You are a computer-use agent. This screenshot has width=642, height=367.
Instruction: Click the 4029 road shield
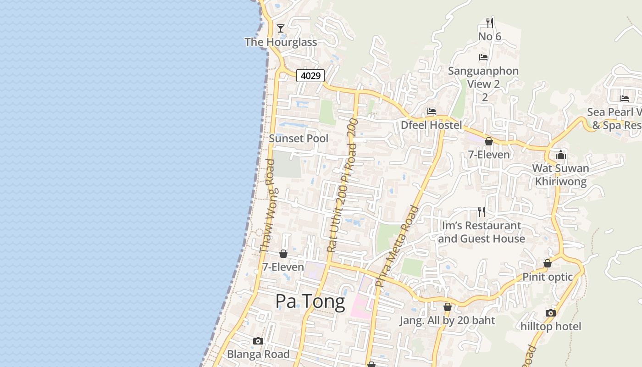(310, 76)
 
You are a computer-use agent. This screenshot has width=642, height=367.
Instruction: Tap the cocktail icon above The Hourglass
(281, 28)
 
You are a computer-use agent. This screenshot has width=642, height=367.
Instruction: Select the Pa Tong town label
(310, 301)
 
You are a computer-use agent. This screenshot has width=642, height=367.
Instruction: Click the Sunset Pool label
(299, 138)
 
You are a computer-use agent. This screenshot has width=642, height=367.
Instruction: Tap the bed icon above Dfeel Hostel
(431, 111)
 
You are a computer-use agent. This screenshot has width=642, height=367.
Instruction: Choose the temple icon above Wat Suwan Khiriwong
(560, 155)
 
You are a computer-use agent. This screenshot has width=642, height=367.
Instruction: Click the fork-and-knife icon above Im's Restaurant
(481, 211)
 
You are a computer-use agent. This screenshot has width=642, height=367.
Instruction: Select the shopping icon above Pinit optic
(548, 263)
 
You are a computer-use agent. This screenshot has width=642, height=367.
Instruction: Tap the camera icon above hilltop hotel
(551, 313)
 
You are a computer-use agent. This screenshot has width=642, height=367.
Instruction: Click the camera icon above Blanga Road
(258, 341)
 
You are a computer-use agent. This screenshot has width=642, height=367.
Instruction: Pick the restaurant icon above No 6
(490, 22)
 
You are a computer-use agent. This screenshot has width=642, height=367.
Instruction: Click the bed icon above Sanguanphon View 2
(483, 57)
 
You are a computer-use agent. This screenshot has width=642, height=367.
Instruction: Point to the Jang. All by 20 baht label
(447, 320)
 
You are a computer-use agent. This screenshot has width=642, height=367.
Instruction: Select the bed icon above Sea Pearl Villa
(624, 98)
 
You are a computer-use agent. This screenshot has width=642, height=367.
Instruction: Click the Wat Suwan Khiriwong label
(560, 175)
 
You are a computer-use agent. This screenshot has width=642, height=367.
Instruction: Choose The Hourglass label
(281, 42)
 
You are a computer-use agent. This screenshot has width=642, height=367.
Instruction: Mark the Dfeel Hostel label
(431, 125)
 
